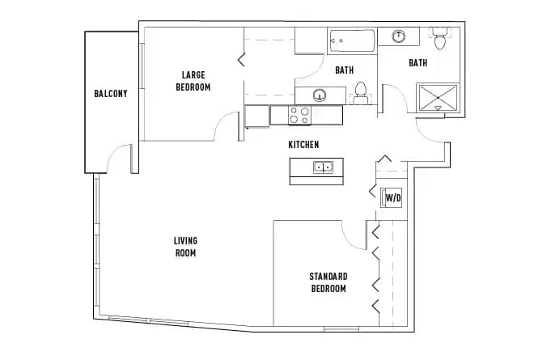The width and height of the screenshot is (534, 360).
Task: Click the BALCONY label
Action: [111, 94]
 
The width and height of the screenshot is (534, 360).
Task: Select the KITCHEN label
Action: [304, 145]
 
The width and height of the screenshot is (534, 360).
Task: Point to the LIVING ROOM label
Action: [185, 247]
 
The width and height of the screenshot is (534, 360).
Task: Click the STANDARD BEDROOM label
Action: [328, 282]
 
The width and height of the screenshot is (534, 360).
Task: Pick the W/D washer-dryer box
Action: [392, 197]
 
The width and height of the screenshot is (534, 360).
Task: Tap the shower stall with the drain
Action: [438, 99]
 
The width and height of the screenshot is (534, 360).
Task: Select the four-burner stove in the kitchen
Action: [300, 116]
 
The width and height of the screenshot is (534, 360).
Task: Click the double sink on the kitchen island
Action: [324, 168]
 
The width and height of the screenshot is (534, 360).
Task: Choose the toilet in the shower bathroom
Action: [439, 39]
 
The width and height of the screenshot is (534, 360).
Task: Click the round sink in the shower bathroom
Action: [400, 36]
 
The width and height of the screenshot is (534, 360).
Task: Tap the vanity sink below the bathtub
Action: [320, 95]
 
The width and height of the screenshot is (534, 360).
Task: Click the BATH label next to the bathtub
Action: [345, 70]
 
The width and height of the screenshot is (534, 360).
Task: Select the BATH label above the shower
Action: [417, 63]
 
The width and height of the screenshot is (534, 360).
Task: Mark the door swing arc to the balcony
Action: [119, 156]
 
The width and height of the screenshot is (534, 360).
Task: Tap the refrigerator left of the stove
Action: [257, 116]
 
